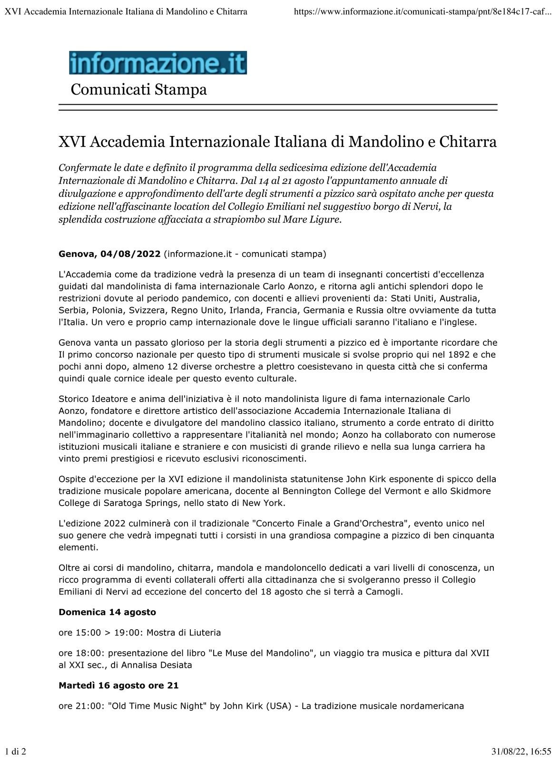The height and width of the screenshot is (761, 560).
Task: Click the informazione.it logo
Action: [x=157, y=63]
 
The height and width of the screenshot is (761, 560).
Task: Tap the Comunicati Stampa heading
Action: [x=138, y=89]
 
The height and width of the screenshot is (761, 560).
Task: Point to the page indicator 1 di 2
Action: [x=16, y=751]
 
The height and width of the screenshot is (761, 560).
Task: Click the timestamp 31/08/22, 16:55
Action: [x=521, y=751]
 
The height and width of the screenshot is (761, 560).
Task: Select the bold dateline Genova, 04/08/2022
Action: [x=109, y=254]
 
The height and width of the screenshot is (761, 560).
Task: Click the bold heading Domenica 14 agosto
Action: [x=107, y=612]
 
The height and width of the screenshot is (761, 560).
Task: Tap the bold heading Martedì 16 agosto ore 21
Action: [x=118, y=685]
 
